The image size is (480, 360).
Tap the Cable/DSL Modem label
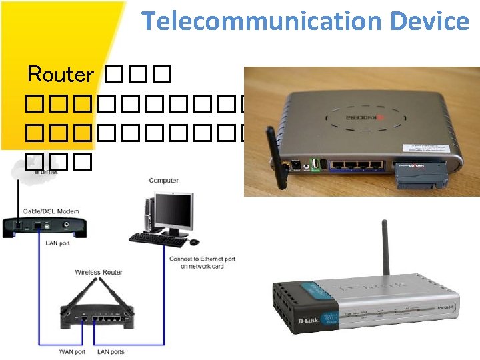coord(51,211)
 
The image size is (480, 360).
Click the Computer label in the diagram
coord(163,181)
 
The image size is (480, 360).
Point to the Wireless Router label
coord(99,272)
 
